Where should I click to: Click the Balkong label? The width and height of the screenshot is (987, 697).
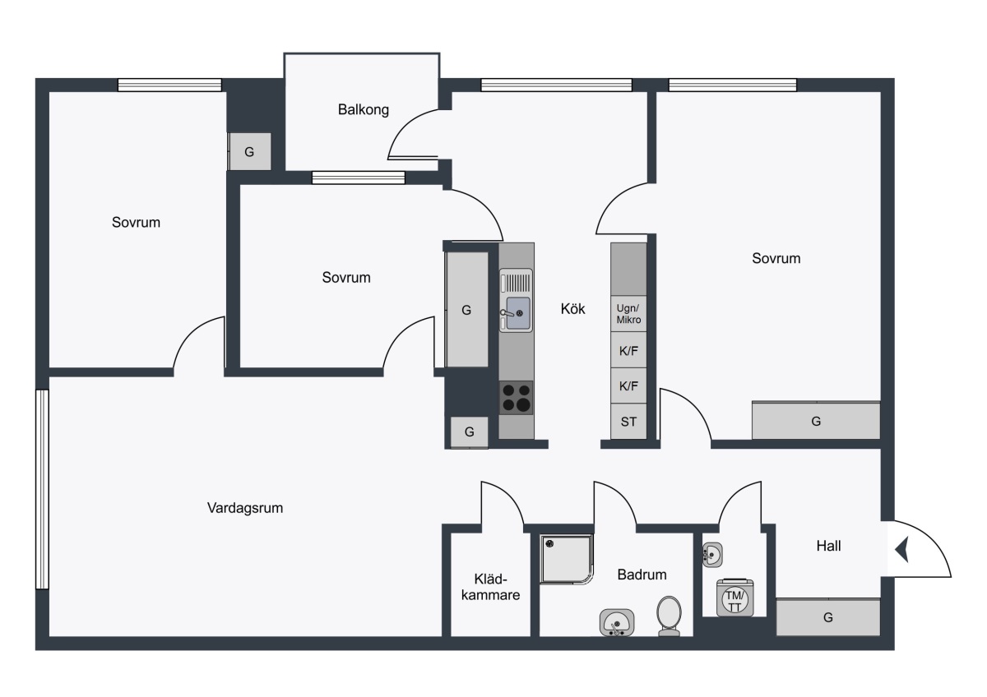[x=363, y=109]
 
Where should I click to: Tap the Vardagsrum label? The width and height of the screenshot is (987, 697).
[x=245, y=508]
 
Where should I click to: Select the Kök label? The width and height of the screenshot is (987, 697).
[x=572, y=309]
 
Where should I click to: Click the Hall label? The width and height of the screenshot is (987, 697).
[x=828, y=546]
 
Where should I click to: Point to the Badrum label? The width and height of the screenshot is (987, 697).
[x=642, y=575]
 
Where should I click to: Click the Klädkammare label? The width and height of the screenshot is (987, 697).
[x=490, y=587]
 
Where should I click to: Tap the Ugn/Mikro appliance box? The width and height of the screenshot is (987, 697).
[x=628, y=314]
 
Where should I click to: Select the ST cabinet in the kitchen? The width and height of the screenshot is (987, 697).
[x=628, y=422]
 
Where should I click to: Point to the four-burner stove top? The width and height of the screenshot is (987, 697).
[x=516, y=398]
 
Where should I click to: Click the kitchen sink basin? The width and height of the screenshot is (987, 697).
[x=518, y=313]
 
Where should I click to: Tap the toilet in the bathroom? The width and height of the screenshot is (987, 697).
[x=669, y=616]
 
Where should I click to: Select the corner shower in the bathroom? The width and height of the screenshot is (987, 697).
[x=567, y=560]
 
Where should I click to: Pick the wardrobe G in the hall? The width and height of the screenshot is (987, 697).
[x=828, y=617]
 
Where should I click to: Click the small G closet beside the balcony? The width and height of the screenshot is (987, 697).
[x=249, y=152]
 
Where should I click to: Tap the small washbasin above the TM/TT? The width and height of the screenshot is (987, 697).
[x=712, y=555]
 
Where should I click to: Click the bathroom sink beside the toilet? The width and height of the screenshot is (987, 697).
[x=617, y=622]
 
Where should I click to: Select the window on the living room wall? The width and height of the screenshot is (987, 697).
[x=42, y=490]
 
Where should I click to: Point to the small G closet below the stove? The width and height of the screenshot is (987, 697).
[x=470, y=432]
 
